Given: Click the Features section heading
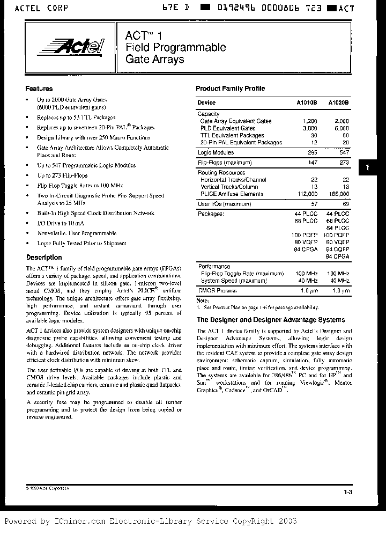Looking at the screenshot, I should coord(39,89).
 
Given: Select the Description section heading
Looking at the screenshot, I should coord(44,258).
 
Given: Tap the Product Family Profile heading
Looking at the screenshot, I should coord(230,89).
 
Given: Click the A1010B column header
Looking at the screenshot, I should coord(307,102).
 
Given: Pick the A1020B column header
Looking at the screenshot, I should coord(338,102).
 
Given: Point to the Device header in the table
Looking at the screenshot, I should coord(206,102).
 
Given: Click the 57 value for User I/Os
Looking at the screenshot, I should coord(314,204).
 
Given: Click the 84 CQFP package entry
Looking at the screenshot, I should coord(338,249).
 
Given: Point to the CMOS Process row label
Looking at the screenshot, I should coord(217,290).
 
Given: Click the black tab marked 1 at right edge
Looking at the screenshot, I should coord(367,168).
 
